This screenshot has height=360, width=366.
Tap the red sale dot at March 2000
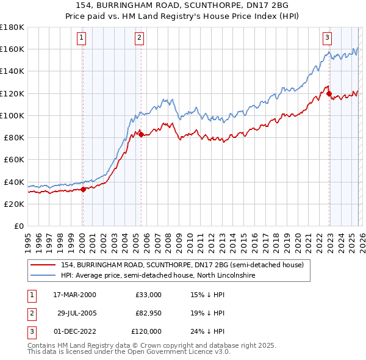click(x=84, y=189)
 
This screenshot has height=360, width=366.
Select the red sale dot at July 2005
click(x=141, y=134)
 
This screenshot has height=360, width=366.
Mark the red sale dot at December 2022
click(x=329, y=94)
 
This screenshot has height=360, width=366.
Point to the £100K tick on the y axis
click(x=12, y=115)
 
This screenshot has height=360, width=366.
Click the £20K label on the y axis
click(x=13, y=204)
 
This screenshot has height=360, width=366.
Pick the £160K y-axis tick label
click(x=12, y=49)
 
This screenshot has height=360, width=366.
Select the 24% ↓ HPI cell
click(x=208, y=331)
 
